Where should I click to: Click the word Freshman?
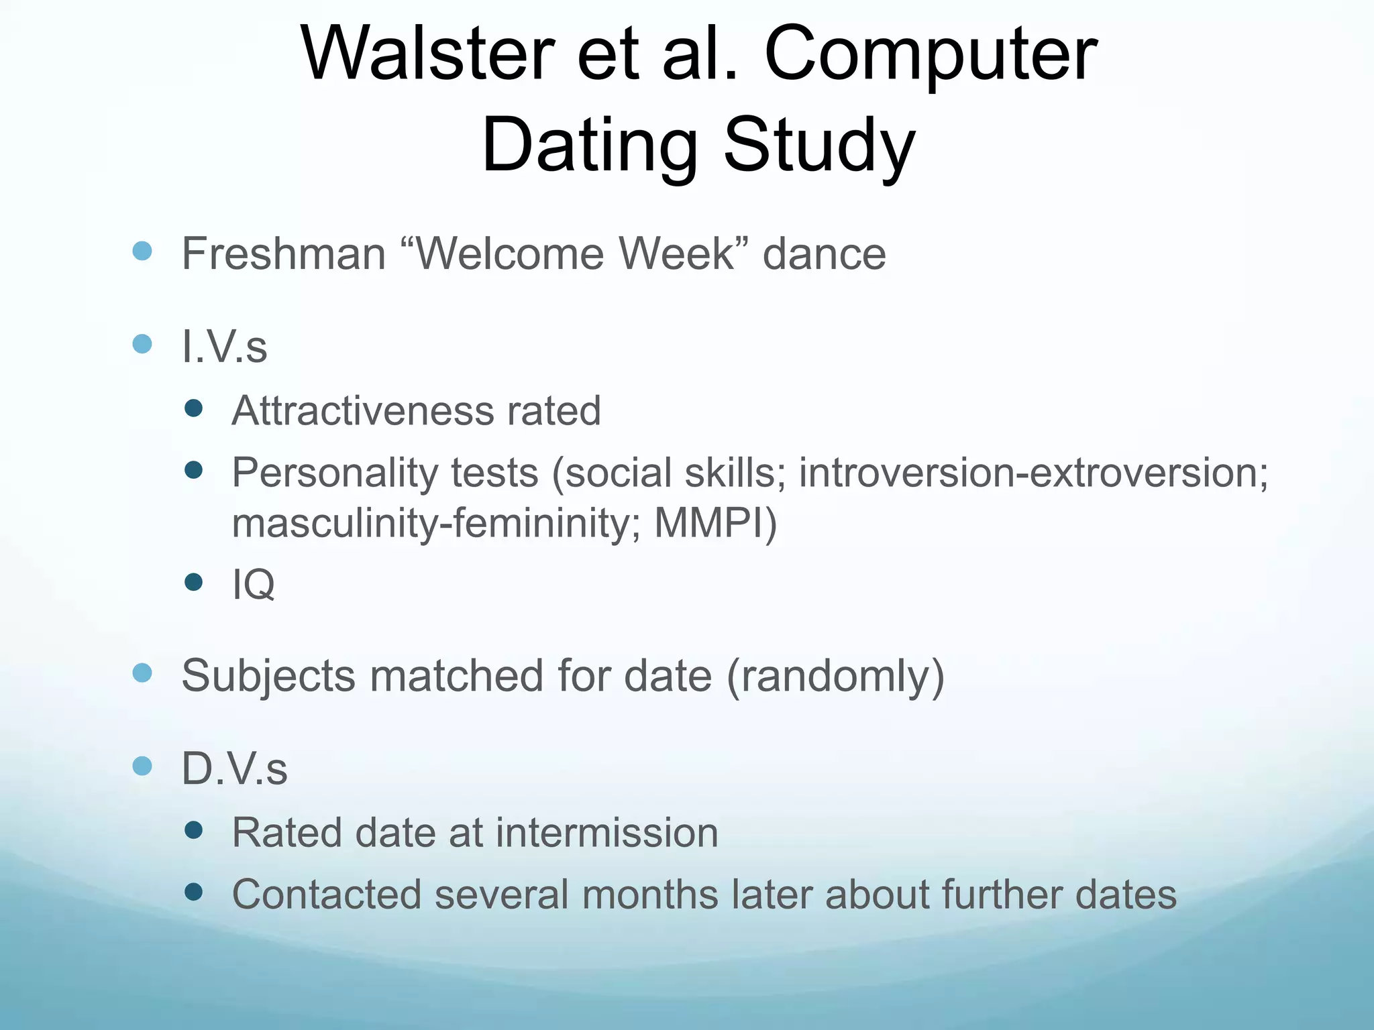pyautogui.click(x=283, y=254)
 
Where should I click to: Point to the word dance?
pyautogui.click(x=824, y=254)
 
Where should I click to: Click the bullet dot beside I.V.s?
pyautogui.click(x=142, y=344)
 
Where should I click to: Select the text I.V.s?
pyautogui.click(x=224, y=347)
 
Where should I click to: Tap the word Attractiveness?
pyautogui.click(x=360, y=410)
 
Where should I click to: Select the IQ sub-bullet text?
pyautogui.click(x=253, y=584)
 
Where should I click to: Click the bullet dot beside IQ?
pyautogui.click(x=193, y=581)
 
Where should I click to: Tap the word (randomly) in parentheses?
pyautogui.click(x=836, y=675)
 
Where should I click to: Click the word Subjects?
pyautogui.click(x=268, y=675)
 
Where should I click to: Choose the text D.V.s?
pyautogui.click(x=234, y=769)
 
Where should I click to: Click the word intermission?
pyautogui.click(x=606, y=833)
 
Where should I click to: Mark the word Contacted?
pyautogui.click(x=326, y=895)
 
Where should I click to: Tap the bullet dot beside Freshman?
pyautogui.click(x=142, y=251)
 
